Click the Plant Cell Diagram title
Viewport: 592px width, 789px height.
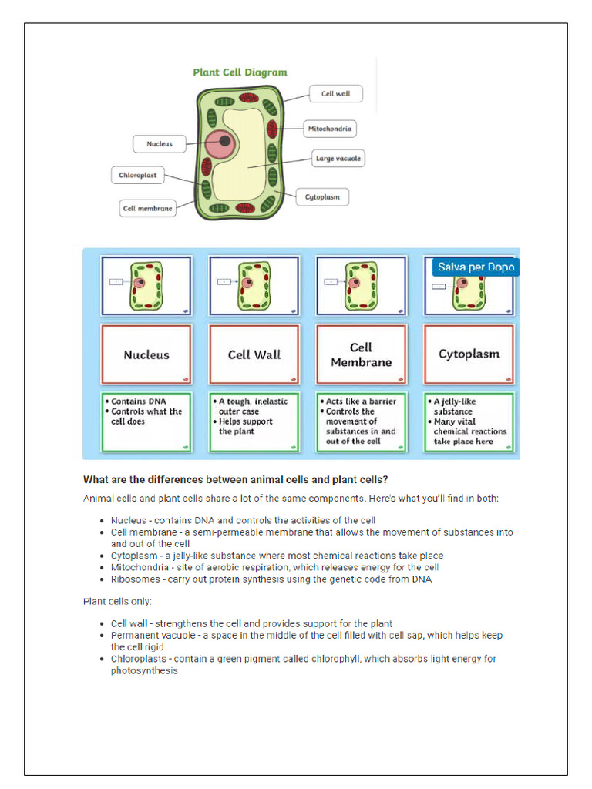click(x=240, y=72)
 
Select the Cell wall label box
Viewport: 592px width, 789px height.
click(x=335, y=94)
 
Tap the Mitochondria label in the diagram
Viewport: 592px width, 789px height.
click(x=329, y=129)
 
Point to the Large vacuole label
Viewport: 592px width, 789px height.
click(x=338, y=159)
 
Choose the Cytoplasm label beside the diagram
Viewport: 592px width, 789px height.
click(x=322, y=197)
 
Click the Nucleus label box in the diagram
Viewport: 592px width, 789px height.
click(x=160, y=143)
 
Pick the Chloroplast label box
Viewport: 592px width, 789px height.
click(x=137, y=176)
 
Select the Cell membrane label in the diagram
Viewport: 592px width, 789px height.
click(x=147, y=208)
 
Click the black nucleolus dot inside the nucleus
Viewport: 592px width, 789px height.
click(x=224, y=141)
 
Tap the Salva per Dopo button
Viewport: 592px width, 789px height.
click(x=476, y=267)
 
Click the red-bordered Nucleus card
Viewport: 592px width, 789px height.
click(x=146, y=354)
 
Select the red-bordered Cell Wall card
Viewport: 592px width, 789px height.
click(x=254, y=354)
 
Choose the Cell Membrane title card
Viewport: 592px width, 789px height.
click(x=361, y=354)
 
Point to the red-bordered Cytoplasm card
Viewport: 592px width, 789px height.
click(x=469, y=354)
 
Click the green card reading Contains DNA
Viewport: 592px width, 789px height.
click(x=146, y=421)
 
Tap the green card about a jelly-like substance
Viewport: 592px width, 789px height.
click(x=469, y=421)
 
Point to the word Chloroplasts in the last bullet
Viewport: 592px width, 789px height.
click(x=139, y=659)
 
